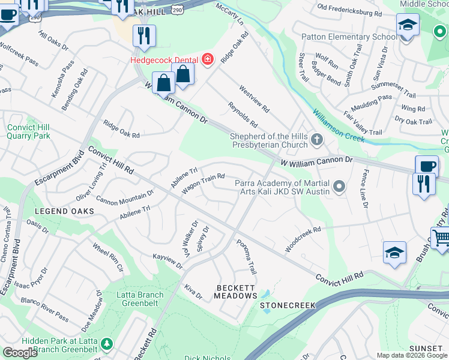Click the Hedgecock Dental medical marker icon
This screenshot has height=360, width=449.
coord(208,59)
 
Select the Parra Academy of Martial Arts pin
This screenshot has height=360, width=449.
coord(340,187)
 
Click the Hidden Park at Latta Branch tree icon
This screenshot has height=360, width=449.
coord(107,344)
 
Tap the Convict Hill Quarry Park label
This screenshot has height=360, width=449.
coord(29,131)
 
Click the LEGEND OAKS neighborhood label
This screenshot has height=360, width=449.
coord(65,211)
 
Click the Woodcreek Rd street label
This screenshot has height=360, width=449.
coord(303,238)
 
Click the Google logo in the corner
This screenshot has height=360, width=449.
coord(20,353)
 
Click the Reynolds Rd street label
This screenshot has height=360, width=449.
coord(243,115)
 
